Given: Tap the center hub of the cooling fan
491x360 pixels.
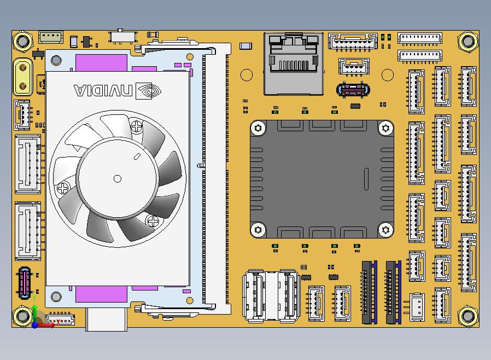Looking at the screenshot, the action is tap(118, 178).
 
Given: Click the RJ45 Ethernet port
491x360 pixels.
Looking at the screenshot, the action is tap(294, 63).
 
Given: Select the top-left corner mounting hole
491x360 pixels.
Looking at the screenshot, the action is tap(23, 41).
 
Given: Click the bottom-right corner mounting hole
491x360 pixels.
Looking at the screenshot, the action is tap(468, 316).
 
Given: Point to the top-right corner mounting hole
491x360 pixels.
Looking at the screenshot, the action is tap(468, 41).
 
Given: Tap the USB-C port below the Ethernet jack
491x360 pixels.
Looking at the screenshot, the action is tap(353, 90).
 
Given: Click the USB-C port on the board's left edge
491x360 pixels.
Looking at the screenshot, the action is tap(25, 283).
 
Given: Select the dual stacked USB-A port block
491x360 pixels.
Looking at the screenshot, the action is tap(271, 296).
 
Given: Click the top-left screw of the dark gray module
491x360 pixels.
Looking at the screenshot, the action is tap(258, 128).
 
